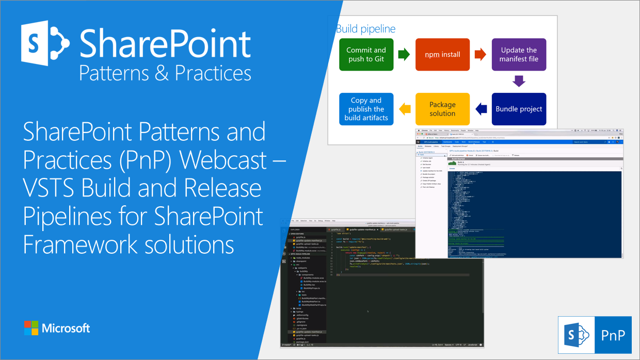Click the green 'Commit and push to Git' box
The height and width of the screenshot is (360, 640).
pyautogui.click(x=366, y=54)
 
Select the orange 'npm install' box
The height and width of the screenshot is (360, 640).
pyautogui.click(x=442, y=54)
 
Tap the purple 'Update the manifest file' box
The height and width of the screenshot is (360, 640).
pyautogui.click(x=518, y=54)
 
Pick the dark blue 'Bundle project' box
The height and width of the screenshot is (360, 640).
pyautogui.click(x=518, y=109)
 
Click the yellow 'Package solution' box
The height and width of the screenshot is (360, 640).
pyautogui.click(x=442, y=109)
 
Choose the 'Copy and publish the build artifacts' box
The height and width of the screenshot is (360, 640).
pyautogui.click(x=366, y=109)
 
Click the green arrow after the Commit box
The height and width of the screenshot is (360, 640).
pyautogui.click(x=404, y=54)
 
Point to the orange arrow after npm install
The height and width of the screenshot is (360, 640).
pyautogui.click(x=480, y=54)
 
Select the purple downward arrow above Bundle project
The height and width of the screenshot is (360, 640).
pyautogui.click(x=519, y=81)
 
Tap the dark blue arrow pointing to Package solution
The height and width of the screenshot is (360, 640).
pyautogui.click(x=481, y=109)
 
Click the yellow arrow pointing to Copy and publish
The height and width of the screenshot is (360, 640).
pyautogui.click(x=405, y=109)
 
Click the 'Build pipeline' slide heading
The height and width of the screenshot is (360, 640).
pyautogui.click(x=365, y=29)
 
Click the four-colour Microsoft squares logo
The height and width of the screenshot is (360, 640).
pyautogui.click(x=31, y=328)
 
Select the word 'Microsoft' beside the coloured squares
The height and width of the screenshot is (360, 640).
pyautogui.click(x=66, y=328)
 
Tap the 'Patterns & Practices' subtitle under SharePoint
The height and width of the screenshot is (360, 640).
pyautogui.click(x=165, y=73)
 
